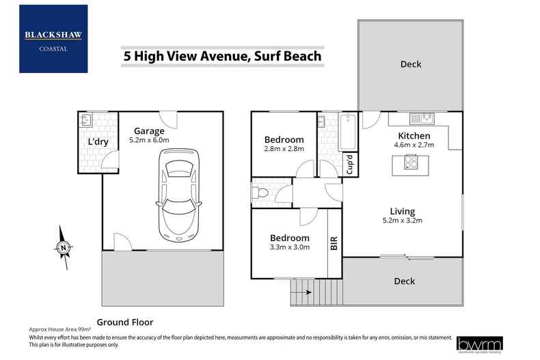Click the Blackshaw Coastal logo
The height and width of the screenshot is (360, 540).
pos(53,38)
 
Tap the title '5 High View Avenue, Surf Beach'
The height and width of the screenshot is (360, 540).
pos(222,56)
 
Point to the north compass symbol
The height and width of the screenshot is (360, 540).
pos(63,247)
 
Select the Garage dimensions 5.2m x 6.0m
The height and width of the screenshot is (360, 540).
pos(149,140)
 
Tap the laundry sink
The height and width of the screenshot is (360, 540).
pos(85,120)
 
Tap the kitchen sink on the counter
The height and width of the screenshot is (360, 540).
pos(422,119)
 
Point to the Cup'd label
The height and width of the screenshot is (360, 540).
pos(349,166)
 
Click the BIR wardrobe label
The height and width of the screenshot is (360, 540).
pos(334,244)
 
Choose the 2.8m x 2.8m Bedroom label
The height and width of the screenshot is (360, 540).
pos(283,148)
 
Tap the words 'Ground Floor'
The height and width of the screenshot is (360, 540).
pos(125,322)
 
